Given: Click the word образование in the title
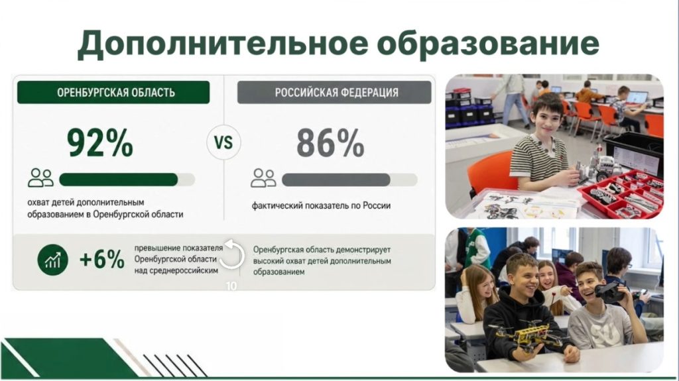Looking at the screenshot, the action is [x=488, y=42].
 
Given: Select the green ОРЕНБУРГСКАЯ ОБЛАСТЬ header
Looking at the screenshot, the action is [x=113, y=92].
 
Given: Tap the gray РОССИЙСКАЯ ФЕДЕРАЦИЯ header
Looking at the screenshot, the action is [x=334, y=92].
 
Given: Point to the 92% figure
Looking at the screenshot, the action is [x=100, y=143].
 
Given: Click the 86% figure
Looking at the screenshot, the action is [x=330, y=143].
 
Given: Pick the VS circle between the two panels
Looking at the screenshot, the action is [x=223, y=142].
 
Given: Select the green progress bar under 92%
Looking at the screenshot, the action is [x=119, y=180].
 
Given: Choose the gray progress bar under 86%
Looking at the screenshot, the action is [x=336, y=180].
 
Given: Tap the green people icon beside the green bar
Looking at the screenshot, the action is [x=40, y=178].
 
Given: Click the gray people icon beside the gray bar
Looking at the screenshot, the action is [x=263, y=178].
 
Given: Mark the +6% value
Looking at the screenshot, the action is [x=102, y=260].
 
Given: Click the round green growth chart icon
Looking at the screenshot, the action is [x=53, y=260].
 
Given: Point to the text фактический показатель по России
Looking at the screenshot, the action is [x=322, y=205].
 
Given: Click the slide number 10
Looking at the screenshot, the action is [x=231, y=286].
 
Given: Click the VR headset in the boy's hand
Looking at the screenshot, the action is [x=611, y=292].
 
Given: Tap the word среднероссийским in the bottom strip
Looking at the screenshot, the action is [x=176, y=270].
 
